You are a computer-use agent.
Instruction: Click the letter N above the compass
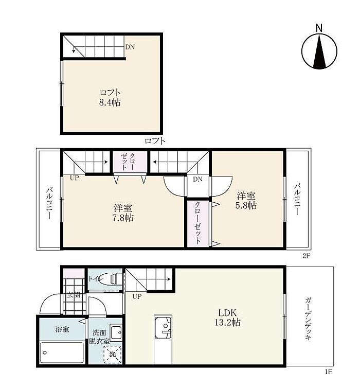coord(319,28)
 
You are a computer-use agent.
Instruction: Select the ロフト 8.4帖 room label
coord(110,97)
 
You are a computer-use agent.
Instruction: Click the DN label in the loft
coord(130,47)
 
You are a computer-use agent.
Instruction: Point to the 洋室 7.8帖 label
coord(123,213)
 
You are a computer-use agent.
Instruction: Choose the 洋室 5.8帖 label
coord(246,201)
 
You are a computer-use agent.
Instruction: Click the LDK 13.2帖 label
coord(227,317)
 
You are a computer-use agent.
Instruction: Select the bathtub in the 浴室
coord(62,352)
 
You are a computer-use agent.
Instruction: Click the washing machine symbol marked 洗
coord(113,354)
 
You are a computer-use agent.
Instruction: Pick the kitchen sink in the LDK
coord(163,327)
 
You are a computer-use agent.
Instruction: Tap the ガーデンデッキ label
coord(308,319)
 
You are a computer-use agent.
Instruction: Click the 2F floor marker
coord(306,256)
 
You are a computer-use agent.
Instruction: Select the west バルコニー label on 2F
coord(49,203)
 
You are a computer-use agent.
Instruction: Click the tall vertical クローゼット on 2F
coord(197,223)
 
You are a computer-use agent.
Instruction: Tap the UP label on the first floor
coord(137,296)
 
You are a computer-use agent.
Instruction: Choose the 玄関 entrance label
coord(74,295)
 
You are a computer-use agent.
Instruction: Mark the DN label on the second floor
coord(197,179)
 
